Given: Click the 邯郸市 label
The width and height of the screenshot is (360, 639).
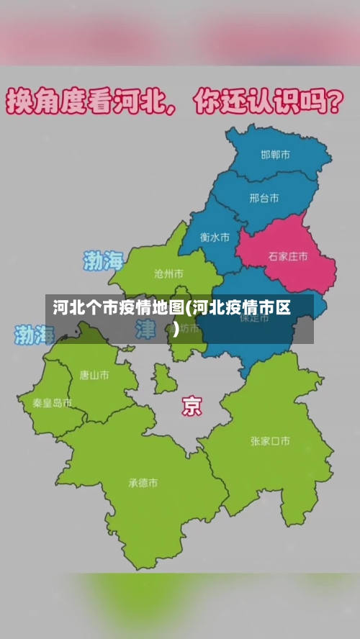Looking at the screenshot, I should pos(275,155).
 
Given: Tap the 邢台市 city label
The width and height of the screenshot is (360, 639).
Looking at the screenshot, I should pos(264,198).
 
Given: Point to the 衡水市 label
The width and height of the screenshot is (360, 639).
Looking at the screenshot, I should pos(215,237).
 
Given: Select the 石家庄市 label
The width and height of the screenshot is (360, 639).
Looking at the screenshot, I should pos(288,256).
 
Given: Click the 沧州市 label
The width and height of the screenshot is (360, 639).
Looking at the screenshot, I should pos(168,273).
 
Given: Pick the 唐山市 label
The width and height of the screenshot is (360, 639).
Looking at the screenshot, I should pos(94,375).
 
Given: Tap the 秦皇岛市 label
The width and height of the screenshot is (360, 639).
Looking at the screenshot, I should pos(52,403).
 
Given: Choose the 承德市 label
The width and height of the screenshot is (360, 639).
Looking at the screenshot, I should pos(143,483).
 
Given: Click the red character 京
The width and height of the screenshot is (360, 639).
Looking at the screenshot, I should pos(192,406).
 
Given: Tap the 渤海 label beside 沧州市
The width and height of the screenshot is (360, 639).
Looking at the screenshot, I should pos(104,260).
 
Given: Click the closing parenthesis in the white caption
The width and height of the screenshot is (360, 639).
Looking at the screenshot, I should pos(176,330).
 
